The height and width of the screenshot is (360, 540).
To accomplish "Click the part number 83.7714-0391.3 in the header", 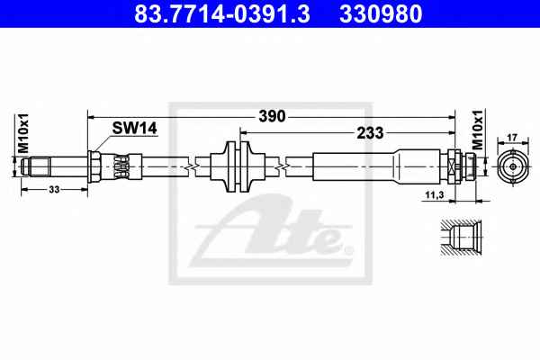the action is coord(222,14).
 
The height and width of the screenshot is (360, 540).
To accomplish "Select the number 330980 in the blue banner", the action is coord(381,14).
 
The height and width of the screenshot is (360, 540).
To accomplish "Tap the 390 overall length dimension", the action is coord(272,116).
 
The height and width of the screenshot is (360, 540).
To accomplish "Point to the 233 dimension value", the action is coord(370,132).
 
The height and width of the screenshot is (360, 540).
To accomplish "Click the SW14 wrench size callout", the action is coord(134,129).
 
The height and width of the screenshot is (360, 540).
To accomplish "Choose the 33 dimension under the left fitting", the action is coord(54,189).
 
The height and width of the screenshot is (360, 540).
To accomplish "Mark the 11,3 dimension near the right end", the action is coord(435,195).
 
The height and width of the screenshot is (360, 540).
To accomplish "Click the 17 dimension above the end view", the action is coord(512,138).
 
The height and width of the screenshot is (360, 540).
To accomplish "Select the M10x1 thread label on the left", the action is coord(23,133).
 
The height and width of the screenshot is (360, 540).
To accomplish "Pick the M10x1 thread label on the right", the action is coord(478,130).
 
